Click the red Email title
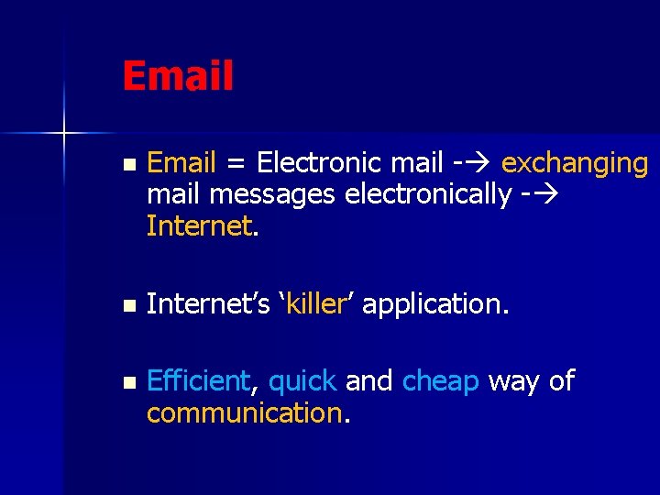click(178, 76)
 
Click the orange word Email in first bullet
click(181, 163)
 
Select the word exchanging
click(575, 163)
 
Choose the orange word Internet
click(198, 225)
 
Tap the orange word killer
click(314, 303)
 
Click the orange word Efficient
click(198, 381)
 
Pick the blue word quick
click(302, 381)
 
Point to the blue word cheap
click(440, 381)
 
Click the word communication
click(244, 413)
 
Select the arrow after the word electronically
click(544, 195)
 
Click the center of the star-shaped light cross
click(64, 134)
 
